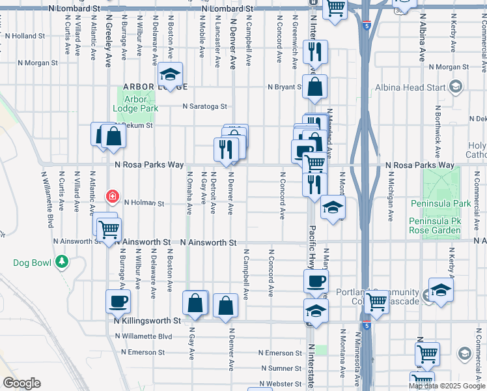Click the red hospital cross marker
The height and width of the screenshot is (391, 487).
click(x=113, y=195)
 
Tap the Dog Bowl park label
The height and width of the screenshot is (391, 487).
click(x=32, y=263)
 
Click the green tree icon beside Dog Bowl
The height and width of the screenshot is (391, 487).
click(x=62, y=262)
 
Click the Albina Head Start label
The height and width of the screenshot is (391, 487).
click(x=410, y=87)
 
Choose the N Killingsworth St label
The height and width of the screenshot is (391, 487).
click(x=147, y=321)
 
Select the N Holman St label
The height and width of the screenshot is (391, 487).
click(x=144, y=203)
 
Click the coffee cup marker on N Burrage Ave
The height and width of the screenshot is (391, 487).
click(x=118, y=300)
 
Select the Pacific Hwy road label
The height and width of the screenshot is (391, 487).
click(x=311, y=248)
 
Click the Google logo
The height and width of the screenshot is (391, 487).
click(x=21, y=383)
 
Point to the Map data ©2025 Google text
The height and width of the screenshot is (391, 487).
click(x=446, y=386)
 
